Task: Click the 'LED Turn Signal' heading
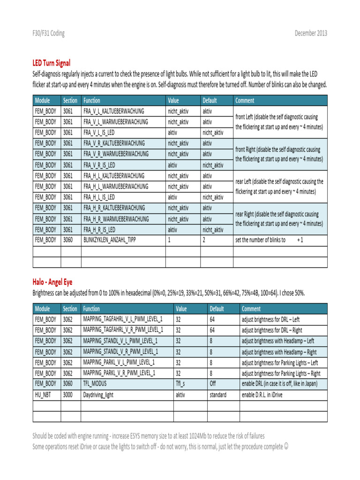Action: click(52, 62)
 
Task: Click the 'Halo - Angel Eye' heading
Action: click(53, 281)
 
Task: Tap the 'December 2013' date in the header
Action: click(311, 33)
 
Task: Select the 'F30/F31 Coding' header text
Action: click(48, 33)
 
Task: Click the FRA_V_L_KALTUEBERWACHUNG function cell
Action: click(113, 111)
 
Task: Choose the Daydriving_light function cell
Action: click(98, 395)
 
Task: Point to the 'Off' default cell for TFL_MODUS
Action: click(213, 384)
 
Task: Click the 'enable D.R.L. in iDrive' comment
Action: click(266, 395)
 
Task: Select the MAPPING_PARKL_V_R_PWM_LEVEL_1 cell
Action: click(119, 373)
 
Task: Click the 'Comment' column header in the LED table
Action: click(245, 100)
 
